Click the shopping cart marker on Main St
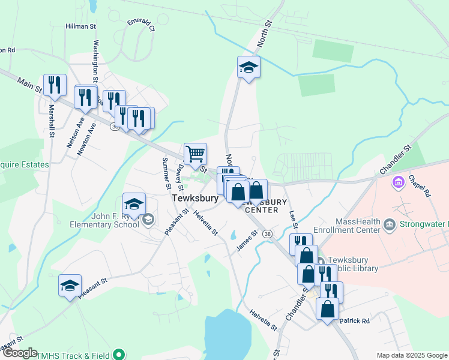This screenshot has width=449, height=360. coord(195,154)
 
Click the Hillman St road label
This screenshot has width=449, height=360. coord(81,26)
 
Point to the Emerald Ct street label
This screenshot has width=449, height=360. coord(141,25)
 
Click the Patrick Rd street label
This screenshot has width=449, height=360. coord(354,321)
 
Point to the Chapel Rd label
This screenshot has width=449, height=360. coord(420,186)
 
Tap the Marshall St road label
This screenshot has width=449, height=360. coord(52,121)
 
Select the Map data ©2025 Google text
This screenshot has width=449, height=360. coord(411,355)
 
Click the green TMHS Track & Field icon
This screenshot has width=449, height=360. coord(119,354)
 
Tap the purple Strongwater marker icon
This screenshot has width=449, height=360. coord(397,181)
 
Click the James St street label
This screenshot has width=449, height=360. coord(247,241)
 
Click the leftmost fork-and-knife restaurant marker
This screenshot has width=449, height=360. coord(55,85)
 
